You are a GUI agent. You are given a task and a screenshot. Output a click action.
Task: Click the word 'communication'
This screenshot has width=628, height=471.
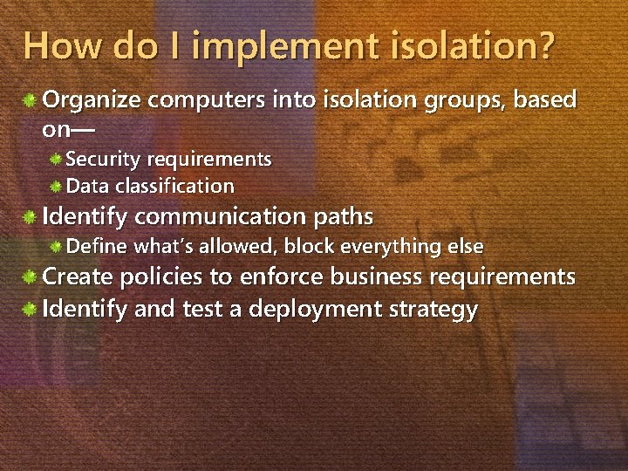click(222, 215)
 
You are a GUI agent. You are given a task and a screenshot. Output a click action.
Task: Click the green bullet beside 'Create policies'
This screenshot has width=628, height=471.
click(30, 277)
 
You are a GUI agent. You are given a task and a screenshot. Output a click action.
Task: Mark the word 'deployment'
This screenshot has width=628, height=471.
click(313, 309)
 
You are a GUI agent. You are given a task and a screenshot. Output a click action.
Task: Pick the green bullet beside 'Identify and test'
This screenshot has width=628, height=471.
click(30, 309)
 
